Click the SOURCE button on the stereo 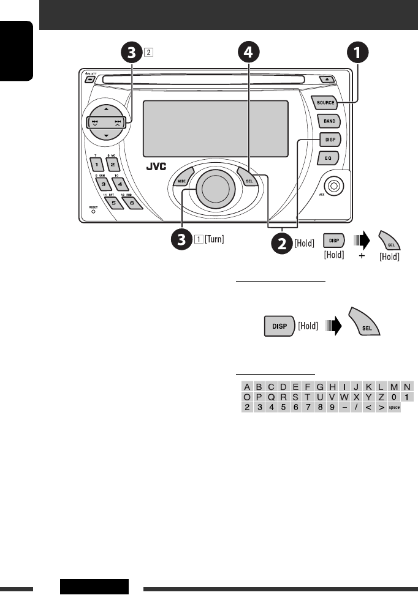coord(325,102)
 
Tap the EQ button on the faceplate coord(328,158)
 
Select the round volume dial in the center coord(213,188)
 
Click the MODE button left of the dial coord(181,182)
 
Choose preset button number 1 coord(96,166)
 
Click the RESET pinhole coord(93,215)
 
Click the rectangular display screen coord(215,129)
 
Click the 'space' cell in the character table coord(394,408)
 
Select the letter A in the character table coord(246,386)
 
